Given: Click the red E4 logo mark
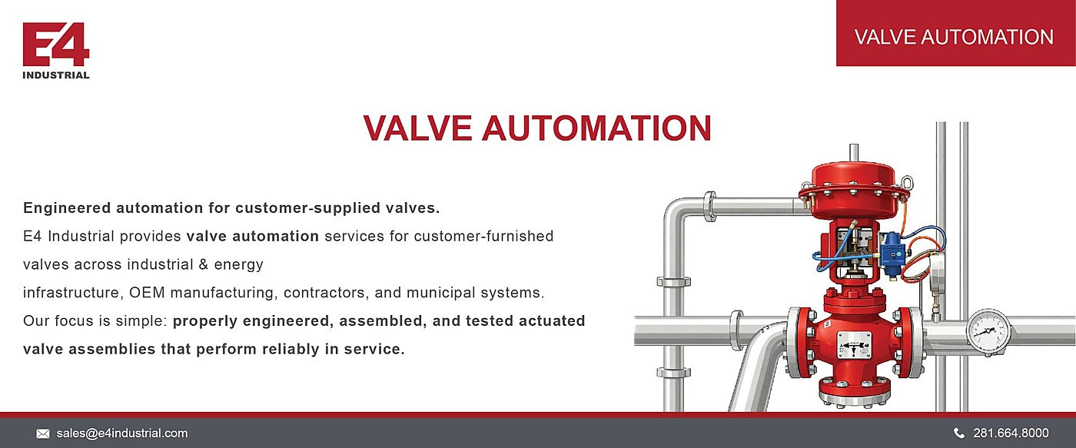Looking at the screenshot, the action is (x=55, y=44).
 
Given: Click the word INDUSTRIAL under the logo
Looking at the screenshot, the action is (x=55, y=75).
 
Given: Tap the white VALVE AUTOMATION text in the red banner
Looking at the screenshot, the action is (x=954, y=37).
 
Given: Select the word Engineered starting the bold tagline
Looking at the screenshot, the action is (x=67, y=208).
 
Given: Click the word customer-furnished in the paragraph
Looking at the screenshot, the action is (x=483, y=236).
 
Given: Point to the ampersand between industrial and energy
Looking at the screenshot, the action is (x=203, y=264).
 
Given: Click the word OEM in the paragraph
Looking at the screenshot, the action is (x=147, y=293).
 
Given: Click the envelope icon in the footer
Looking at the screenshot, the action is (x=43, y=434).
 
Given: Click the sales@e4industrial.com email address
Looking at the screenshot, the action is (x=122, y=433).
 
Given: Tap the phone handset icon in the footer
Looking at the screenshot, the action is (x=959, y=433).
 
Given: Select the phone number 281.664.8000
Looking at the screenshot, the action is (x=1011, y=433).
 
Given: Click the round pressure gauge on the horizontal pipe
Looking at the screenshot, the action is (x=988, y=332).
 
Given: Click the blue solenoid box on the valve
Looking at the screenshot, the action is (x=893, y=253).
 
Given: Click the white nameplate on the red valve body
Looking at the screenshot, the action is (x=854, y=344).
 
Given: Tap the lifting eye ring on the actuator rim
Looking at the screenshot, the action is (x=906, y=182).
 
